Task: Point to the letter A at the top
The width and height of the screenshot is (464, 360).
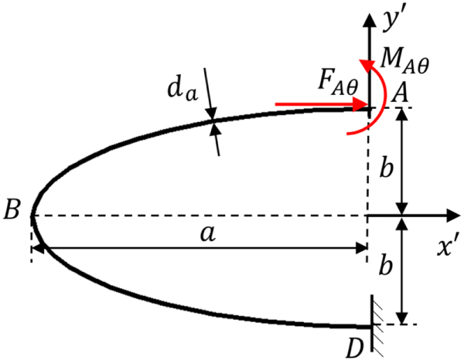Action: point(400,93)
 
